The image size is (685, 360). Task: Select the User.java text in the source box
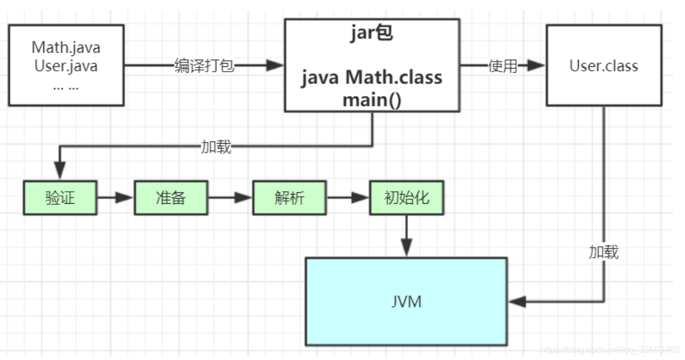(x=66, y=66)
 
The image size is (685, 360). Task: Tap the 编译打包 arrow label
(x=204, y=66)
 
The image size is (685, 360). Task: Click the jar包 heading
(x=372, y=34)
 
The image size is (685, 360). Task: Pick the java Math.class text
(x=372, y=77)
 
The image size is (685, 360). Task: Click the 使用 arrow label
(x=502, y=66)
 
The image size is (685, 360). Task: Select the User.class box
(x=604, y=65)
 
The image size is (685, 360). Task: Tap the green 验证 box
(x=60, y=198)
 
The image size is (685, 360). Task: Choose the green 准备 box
(x=171, y=198)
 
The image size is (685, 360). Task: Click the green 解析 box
(x=289, y=198)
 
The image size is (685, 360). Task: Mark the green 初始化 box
(x=406, y=198)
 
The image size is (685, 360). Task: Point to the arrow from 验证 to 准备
(x=116, y=198)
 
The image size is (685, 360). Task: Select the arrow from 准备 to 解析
(x=230, y=198)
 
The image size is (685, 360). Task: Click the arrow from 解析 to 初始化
(x=348, y=198)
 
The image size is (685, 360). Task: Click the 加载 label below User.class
(x=604, y=252)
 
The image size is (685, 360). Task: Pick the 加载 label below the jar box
(x=216, y=147)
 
